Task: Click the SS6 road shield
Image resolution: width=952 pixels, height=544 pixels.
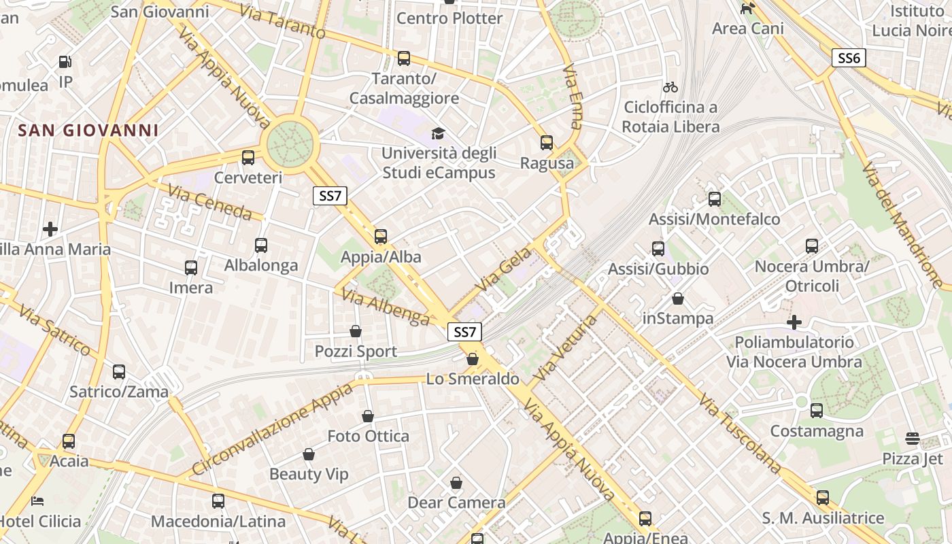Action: tap(849, 58)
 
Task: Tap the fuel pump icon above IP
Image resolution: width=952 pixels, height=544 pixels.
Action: tap(65, 62)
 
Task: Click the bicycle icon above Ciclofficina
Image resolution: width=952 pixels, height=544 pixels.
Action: tap(670, 87)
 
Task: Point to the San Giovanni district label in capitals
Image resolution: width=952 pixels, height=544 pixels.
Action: tap(88, 130)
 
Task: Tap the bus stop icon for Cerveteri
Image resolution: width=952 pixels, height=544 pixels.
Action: tap(248, 158)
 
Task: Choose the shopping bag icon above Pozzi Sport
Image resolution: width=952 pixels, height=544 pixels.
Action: tap(356, 331)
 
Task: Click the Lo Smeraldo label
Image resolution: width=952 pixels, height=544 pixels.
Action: tap(473, 379)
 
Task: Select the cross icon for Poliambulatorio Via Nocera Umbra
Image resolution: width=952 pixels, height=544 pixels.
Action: tap(794, 322)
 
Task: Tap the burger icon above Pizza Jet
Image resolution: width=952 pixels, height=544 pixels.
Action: tap(913, 439)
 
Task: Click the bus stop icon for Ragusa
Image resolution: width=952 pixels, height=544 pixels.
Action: tap(547, 143)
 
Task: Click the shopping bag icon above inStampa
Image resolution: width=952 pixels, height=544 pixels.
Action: tap(678, 299)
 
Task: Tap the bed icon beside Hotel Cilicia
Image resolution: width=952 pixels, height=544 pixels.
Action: tap(37, 501)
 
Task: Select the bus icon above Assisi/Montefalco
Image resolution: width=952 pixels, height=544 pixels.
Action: tap(715, 199)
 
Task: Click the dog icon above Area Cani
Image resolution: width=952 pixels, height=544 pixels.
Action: tap(748, 8)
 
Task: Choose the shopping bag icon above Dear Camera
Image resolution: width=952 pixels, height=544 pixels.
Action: tap(456, 483)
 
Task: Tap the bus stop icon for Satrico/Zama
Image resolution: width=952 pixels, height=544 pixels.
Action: tap(119, 372)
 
